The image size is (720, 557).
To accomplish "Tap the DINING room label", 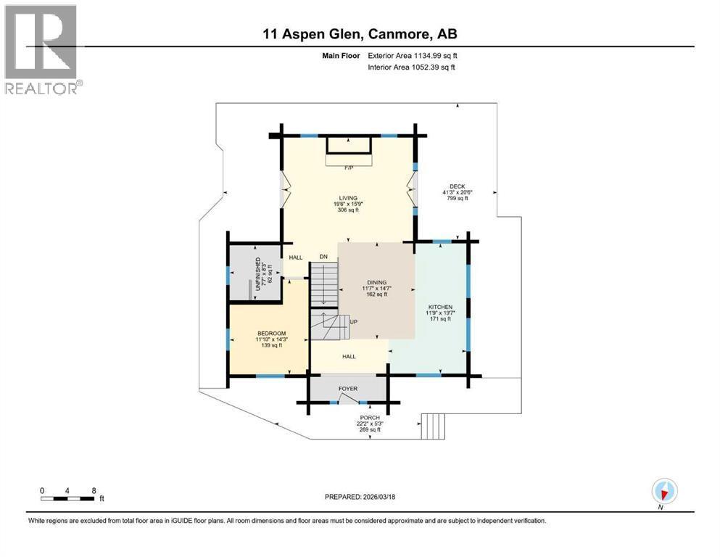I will [376, 282].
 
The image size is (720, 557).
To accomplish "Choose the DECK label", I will [455, 186].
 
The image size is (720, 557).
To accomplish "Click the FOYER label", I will [349, 389].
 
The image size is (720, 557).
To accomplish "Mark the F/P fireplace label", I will [349, 168].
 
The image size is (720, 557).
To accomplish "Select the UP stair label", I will [354, 321].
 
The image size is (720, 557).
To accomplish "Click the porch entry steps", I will [432, 426].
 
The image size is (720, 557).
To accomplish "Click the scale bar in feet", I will [68, 498].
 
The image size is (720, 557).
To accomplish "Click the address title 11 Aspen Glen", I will [360, 33].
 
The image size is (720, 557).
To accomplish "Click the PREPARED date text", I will [360, 497].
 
